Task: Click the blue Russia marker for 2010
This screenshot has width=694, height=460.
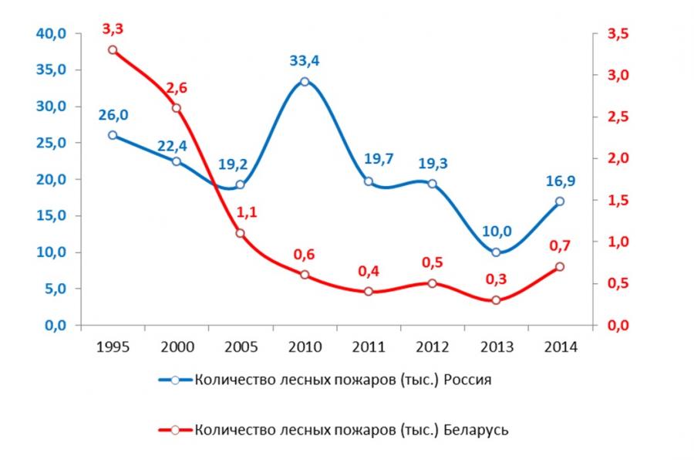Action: (305, 81)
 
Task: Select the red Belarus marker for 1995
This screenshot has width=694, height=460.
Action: (113, 50)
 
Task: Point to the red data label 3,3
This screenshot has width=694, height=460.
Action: (113, 29)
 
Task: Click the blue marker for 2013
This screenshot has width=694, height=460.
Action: (496, 252)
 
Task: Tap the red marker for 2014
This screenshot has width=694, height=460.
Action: (559, 266)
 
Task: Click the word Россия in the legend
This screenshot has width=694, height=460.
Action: (465, 380)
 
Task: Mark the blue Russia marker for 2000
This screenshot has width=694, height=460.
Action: (177, 161)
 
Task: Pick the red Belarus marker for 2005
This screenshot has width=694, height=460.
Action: (241, 233)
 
